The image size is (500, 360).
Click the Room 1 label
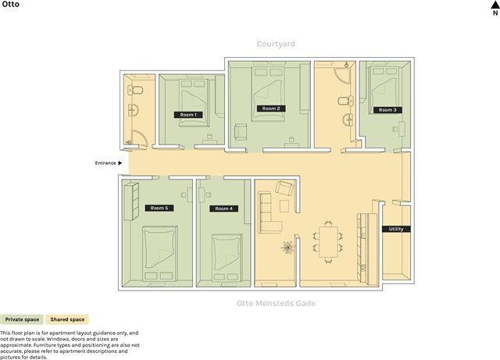tap(188, 115)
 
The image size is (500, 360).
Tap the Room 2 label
tap(271, 109)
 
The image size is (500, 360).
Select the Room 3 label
tap(387, 110)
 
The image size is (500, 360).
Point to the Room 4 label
tap(224, 209)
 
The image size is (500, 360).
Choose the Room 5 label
tap(159, 208)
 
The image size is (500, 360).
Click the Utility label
tap(396, 229)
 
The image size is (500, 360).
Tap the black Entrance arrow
tap(120, 163)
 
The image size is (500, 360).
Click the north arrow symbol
tap(495, 4)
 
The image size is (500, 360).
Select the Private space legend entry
tap(22, 319)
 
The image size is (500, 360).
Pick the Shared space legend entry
tap(67, 319)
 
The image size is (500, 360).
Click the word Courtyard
tap(276, 44)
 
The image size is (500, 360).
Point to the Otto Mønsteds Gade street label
tap(276, 303)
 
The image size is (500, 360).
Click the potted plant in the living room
tap(288, 247)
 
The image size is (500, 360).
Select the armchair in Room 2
tap(241, 132)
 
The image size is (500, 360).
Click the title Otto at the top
tap(10, 4)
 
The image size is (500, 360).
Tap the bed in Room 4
tap(227, 258)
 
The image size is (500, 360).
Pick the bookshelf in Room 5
tap(131, 201)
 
